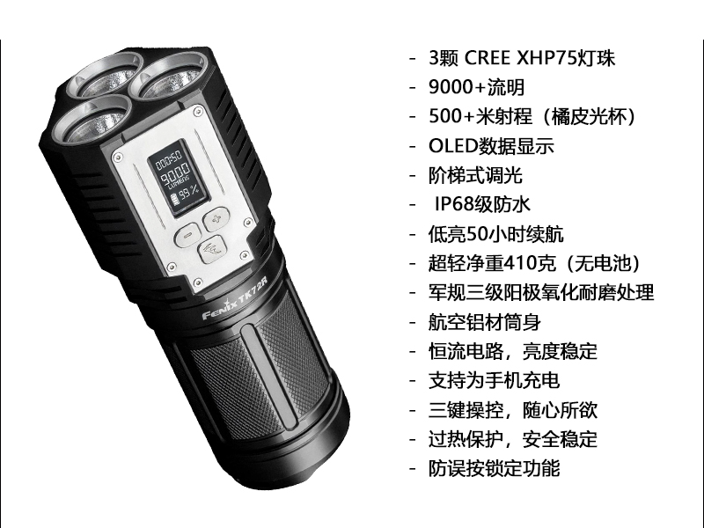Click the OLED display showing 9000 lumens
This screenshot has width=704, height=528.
click(x=179, y=179)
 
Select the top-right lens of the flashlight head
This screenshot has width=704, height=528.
click(x=168, y=77)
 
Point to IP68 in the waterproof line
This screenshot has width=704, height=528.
click(x=452, y=204)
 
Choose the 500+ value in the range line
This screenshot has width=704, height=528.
click(x=452, y=117)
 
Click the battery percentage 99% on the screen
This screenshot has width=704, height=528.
click(x=189, y=194)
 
